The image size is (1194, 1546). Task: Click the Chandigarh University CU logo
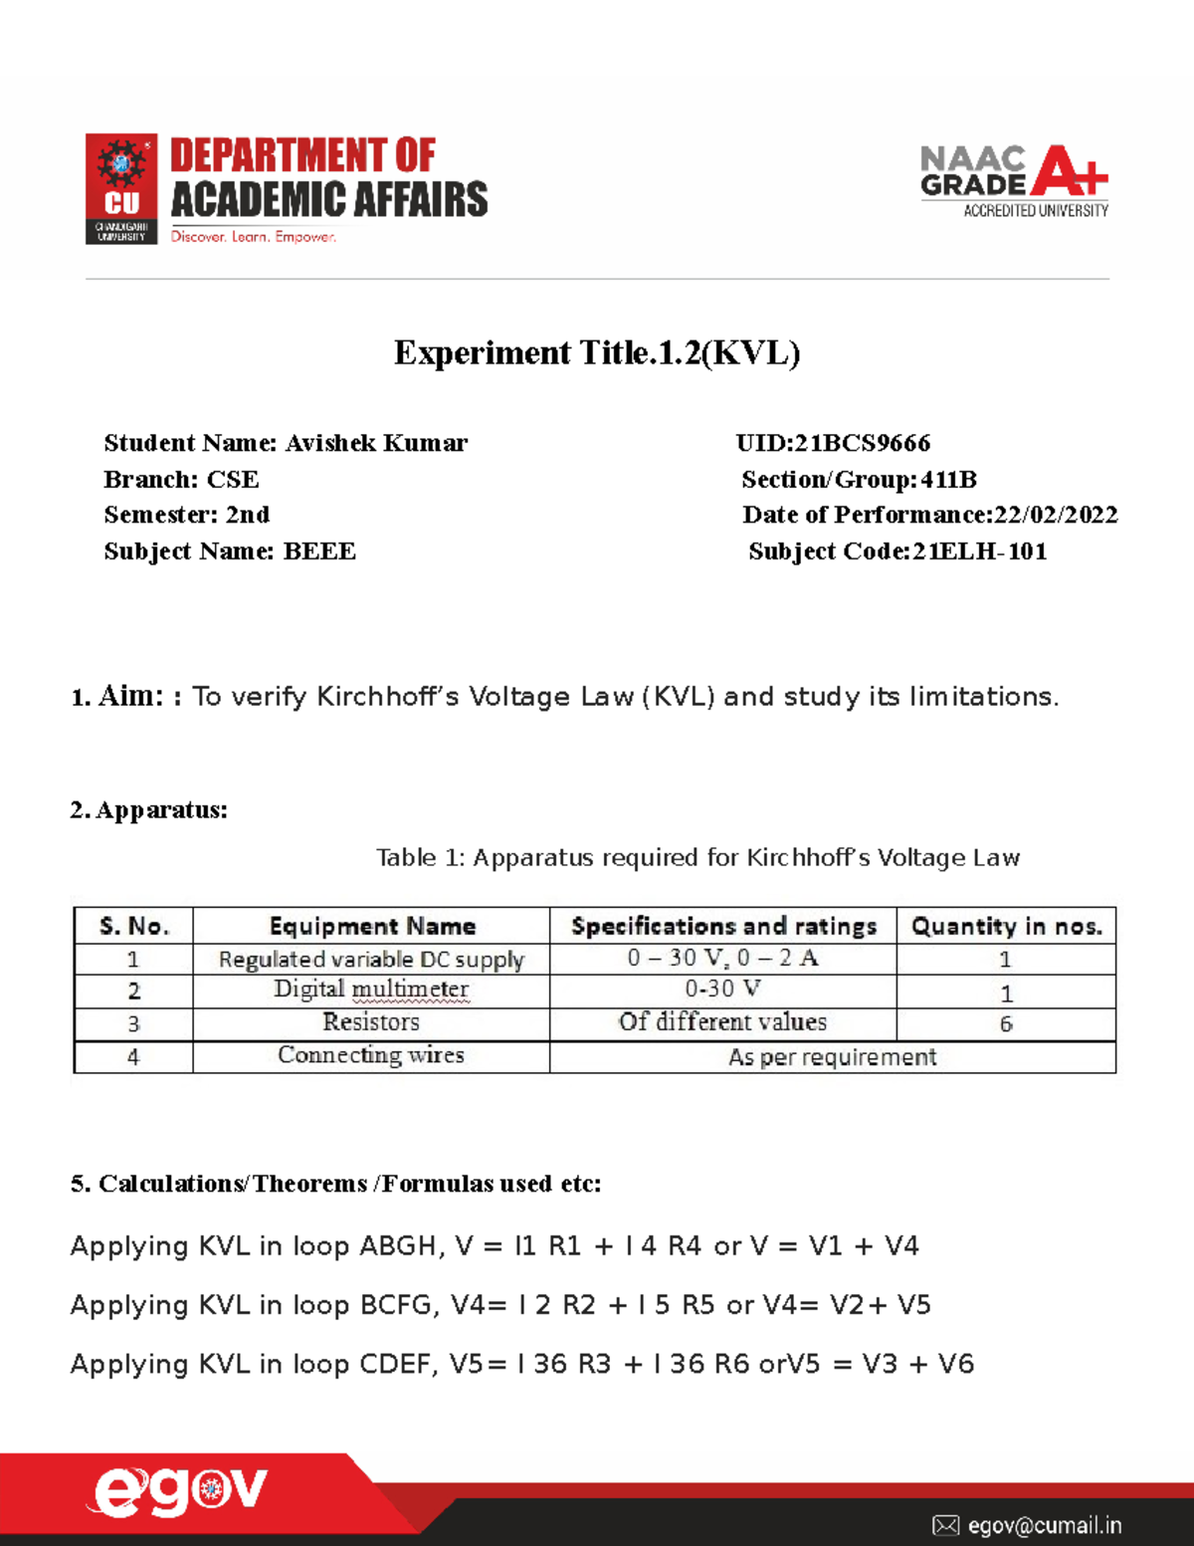(x=121, y=189)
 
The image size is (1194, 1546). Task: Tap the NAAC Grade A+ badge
(x=1014, y=180)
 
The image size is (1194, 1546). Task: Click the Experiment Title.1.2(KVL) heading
(x=597, y=353)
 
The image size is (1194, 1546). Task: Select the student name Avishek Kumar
(x=376, y=443)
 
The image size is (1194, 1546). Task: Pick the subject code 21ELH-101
(x=980, y=552)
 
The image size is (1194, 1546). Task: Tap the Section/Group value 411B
(x=948, y=480)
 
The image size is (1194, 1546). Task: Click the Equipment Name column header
(x=372, y=927)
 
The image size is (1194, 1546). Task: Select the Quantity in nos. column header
(x=1006, y=927)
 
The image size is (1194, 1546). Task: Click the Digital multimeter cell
(x=371, y=990)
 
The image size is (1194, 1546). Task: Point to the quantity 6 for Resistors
(x=1006, y=1024)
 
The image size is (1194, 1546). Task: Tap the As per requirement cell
(x=832, y=1057)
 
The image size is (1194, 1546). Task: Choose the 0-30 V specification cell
(x=722, y=990)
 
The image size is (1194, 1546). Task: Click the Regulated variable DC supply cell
(x=371, y=960)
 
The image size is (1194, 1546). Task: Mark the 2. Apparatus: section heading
(x=149, y=810)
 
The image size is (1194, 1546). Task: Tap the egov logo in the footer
(x=180, y=1491)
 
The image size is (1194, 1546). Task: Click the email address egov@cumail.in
(x=1044, y=1525)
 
